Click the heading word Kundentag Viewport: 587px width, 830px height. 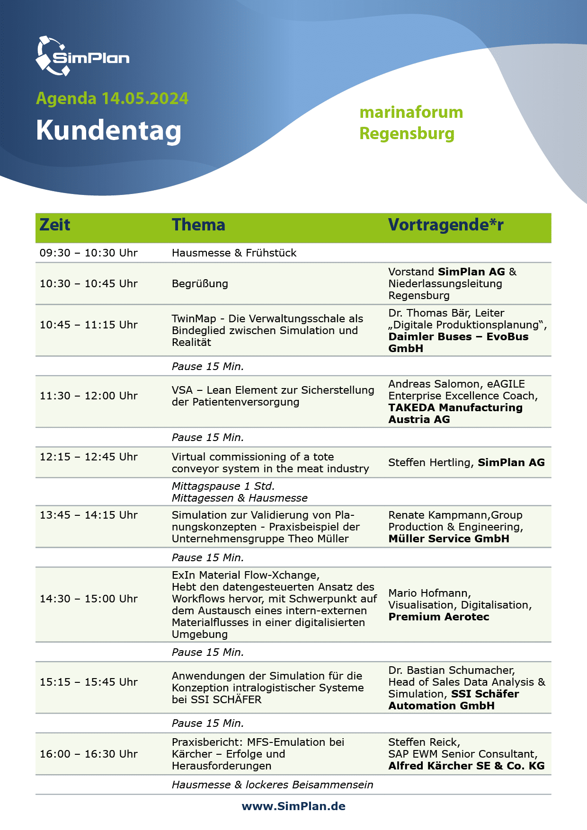coord(108,131)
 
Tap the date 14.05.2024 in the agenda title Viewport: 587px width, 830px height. coord(145,98)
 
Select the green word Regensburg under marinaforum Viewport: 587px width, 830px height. coord(407,133)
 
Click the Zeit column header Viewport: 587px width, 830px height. coord(55,225)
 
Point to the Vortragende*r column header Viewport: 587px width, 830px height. coord(445,225)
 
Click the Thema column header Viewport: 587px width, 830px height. coord(198,225)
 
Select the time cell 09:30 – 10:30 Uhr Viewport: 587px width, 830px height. coord(89,253)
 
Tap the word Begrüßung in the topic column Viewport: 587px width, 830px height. coord(200,284)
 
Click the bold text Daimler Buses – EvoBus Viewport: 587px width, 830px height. coord(458,337)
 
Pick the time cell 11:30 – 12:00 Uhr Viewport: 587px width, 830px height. coord(89,396)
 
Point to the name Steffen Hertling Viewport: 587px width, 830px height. coord(430,463)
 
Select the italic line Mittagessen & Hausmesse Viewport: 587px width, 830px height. coord(240,498)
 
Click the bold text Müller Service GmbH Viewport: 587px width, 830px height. coord(449,539)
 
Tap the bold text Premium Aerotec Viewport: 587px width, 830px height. coord(439,617)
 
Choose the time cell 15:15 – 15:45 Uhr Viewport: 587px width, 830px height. coord(89,682)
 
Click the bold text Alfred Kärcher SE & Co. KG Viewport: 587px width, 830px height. coord(466,766)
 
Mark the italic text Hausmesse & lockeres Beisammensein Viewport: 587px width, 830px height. coord(272,785)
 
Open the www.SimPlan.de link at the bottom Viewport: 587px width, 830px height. coord(293,807)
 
